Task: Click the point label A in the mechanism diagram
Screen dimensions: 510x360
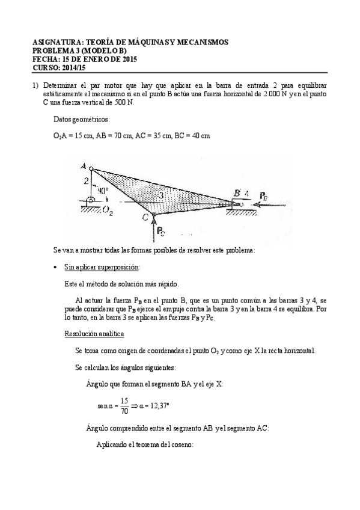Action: click(82, 167)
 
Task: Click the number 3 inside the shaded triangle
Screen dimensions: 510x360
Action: click(160, 195)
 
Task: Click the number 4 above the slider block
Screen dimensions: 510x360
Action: click(246, 193)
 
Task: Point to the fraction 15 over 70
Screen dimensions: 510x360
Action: click(124, 405)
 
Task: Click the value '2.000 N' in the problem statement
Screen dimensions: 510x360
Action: click(261, 94)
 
